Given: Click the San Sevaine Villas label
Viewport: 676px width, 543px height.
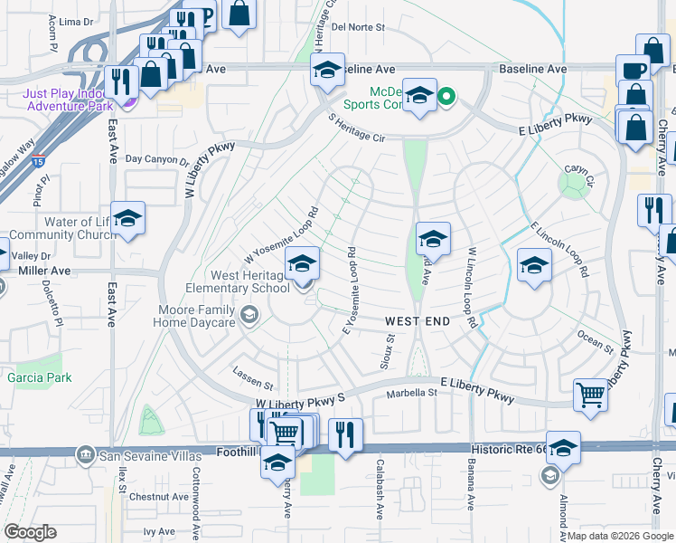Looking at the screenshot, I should tap(139, 452).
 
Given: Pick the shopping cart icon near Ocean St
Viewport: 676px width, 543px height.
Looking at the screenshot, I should tap(590, 394).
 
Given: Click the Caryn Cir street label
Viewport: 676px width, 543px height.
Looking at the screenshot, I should tap(577, 170).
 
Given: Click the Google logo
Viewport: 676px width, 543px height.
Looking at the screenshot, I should tap(31, 531).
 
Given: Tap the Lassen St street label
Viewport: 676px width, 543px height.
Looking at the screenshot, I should tap(251, 383).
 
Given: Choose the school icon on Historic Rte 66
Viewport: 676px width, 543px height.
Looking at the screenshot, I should tap(562, 448).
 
